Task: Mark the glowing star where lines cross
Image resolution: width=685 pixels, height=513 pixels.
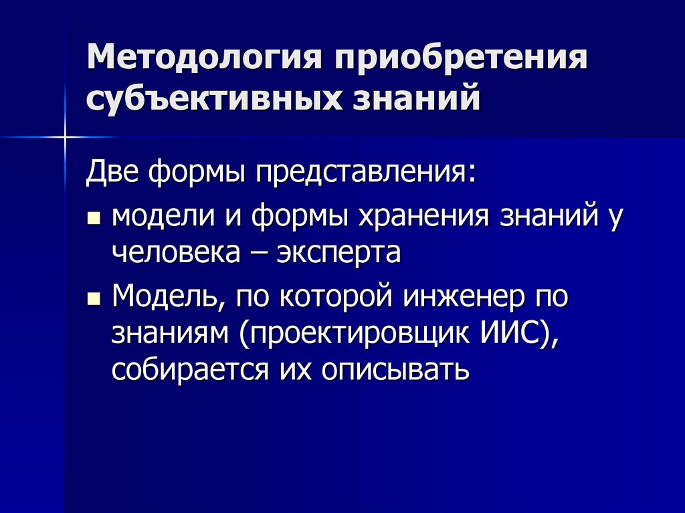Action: point(66,136)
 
